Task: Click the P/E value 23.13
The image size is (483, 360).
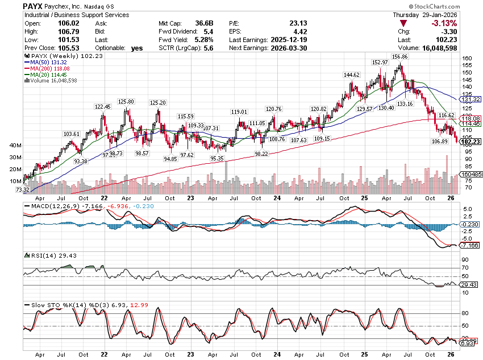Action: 297,23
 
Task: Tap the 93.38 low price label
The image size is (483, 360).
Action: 81,162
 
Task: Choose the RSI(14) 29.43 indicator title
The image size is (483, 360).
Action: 43,255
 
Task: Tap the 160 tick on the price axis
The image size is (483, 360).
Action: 466,58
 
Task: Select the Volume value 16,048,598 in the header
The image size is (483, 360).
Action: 458,48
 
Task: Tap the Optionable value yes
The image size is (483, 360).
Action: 137,48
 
